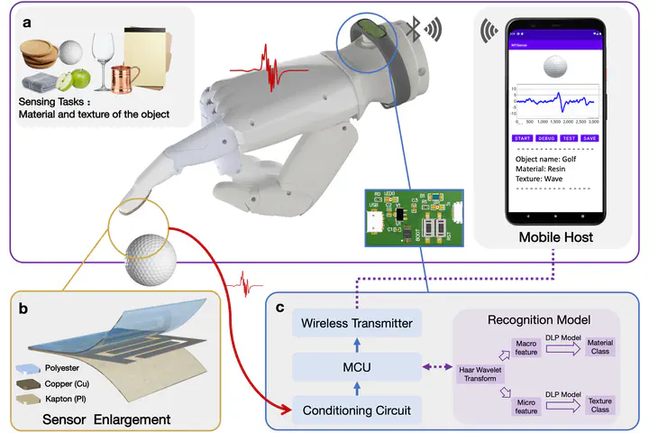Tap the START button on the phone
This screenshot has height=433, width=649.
(x=522, y=138)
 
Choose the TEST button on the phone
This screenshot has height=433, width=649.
(x=569, y=138)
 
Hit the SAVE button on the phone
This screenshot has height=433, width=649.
(x=590, y=138)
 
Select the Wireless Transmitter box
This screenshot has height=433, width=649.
(x=356, y=323)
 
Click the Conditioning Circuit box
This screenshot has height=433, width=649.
(x=356, y=410)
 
